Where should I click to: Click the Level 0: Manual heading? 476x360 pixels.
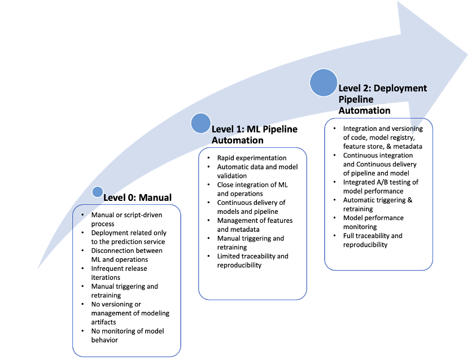137,197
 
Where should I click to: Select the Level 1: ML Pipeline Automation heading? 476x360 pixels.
254,134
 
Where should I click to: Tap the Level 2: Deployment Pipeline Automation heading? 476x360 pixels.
382,99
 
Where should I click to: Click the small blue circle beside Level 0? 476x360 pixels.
98,192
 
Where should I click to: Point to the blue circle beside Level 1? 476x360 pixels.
200,123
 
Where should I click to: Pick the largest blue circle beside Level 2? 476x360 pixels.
324,83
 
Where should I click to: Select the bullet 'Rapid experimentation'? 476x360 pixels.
252,158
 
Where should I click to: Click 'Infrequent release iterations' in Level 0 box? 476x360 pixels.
121,273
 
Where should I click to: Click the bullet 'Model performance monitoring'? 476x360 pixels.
373,222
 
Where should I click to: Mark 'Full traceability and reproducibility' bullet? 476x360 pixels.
373,240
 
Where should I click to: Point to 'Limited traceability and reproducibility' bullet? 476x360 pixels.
252,260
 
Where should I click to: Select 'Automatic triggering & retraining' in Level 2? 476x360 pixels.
377,204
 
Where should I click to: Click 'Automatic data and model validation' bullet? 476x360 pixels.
257,171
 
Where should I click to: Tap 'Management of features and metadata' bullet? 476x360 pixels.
255,225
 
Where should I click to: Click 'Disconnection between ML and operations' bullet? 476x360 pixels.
126,255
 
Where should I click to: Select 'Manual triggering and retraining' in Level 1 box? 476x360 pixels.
251,243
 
